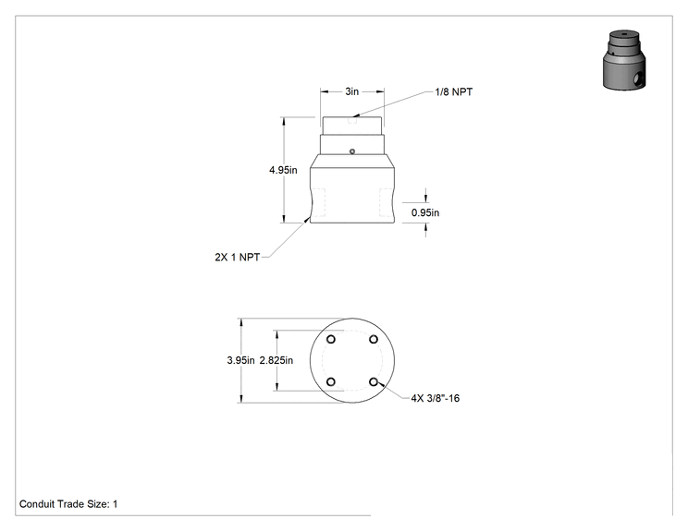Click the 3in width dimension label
point(352,91)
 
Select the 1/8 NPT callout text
point(454,92)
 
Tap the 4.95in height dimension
point(283,170)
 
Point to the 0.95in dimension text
point(425,213)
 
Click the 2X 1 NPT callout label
point(237,258)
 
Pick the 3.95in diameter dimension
point(240,360)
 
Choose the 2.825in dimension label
point(276,360)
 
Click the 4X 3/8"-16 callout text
point(436,398)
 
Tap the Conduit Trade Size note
point(68,504)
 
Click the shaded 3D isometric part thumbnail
point(624,60)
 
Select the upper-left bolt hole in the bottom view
point(331,339)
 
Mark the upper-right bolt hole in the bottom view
point(374,339)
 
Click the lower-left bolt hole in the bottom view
point(331,382)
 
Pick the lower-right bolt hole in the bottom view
point(374,382)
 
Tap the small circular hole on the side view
point(352,151)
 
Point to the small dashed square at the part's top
point(352,120)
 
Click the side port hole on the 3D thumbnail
point(639,79)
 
